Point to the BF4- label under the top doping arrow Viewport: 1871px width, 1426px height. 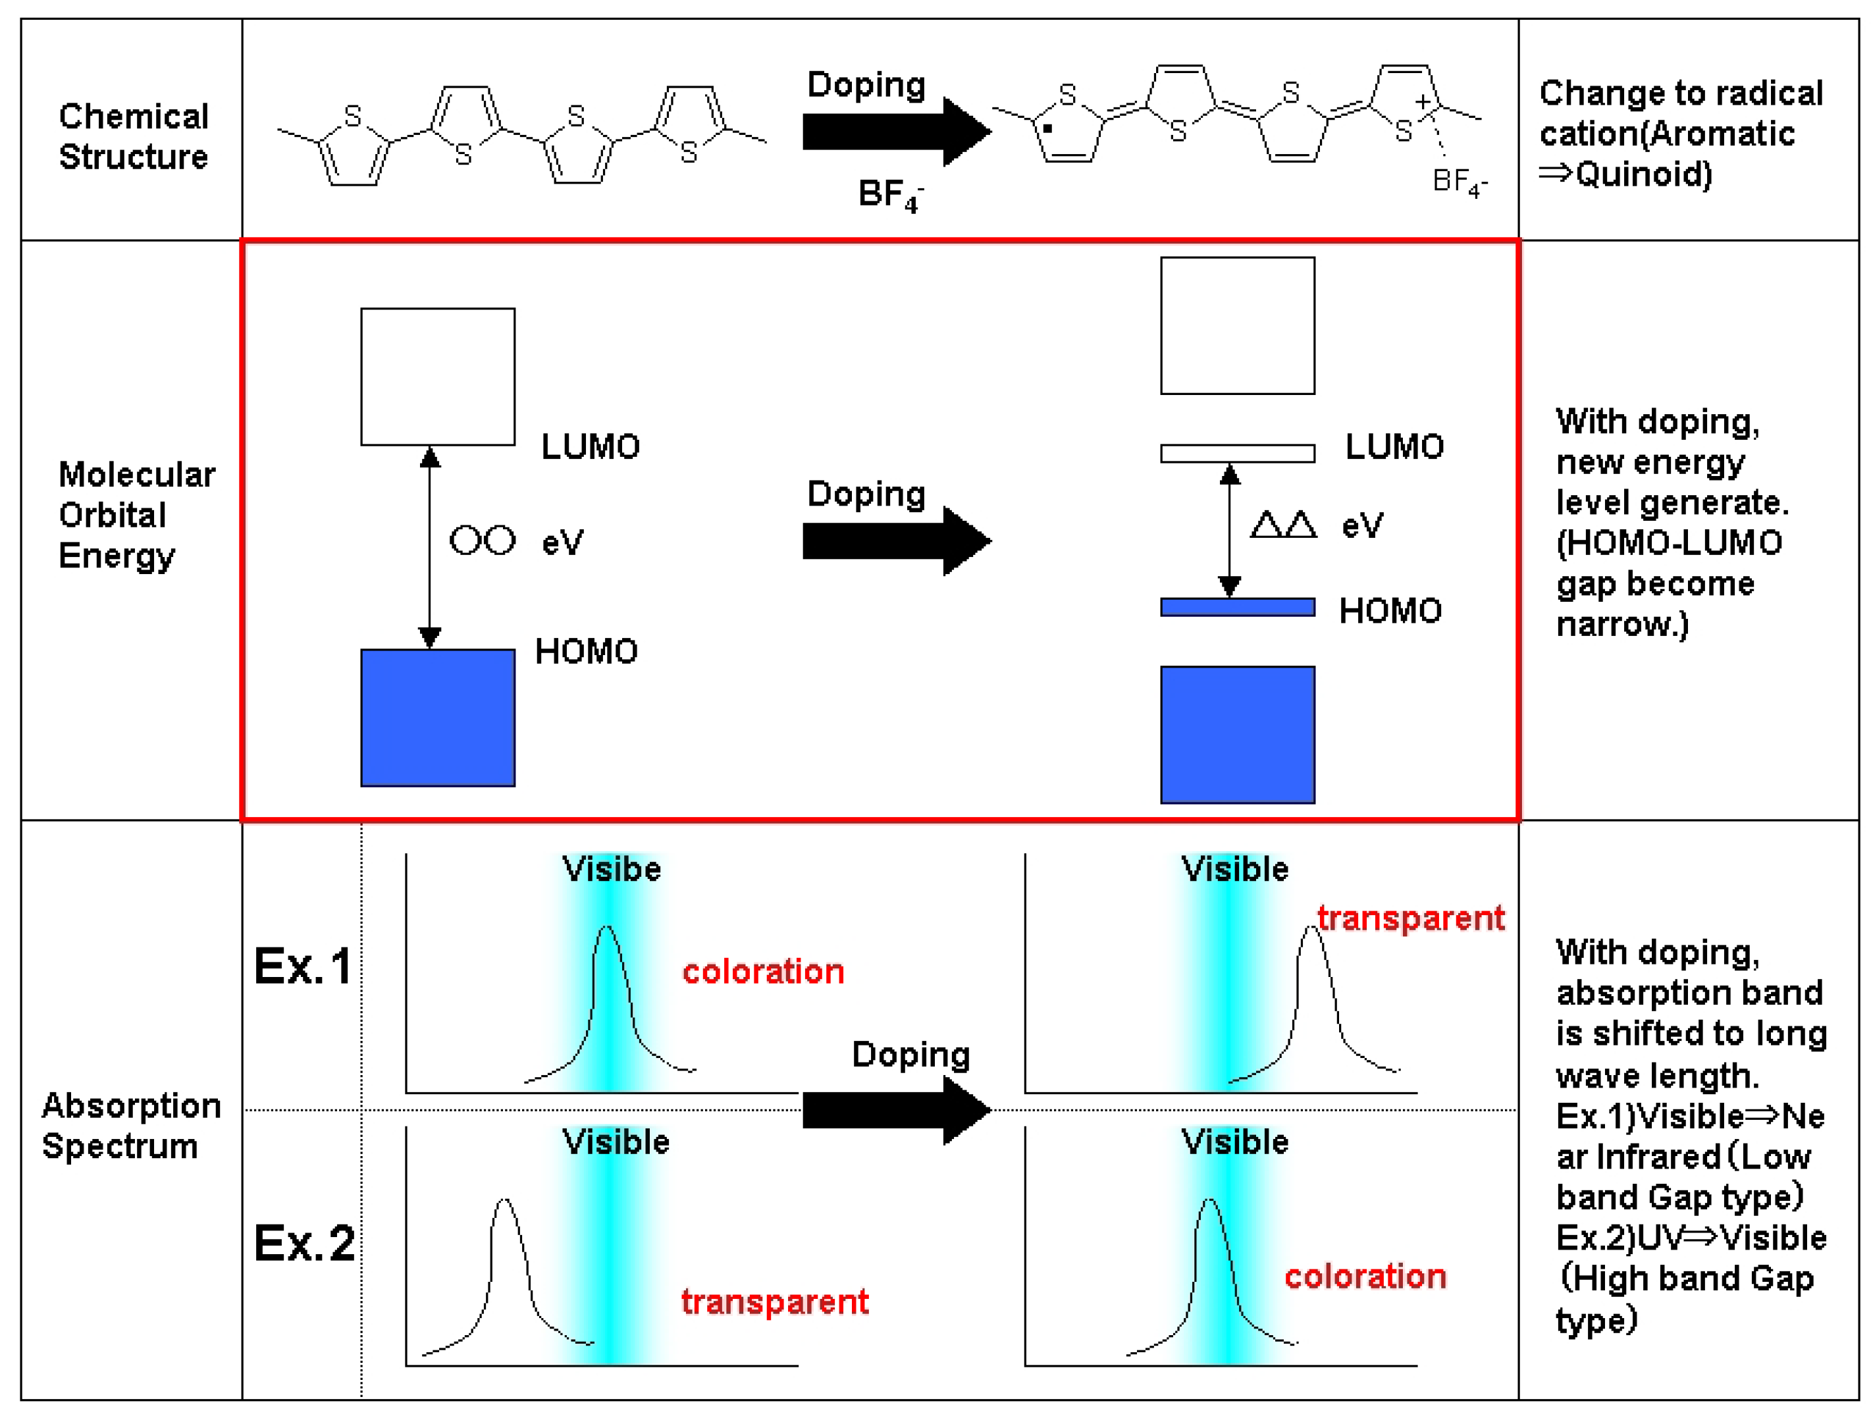coord(889,196)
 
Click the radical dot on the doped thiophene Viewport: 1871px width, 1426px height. coord(1047,129)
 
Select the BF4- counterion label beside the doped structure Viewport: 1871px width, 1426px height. coord(1458,182)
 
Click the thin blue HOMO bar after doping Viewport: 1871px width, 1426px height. coord(1237,607)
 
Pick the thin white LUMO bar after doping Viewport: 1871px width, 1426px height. coord(1237,453)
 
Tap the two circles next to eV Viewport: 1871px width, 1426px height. coord(481,540)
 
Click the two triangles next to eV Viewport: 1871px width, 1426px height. coord(1282,525)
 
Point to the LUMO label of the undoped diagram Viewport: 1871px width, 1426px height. coord(590,446)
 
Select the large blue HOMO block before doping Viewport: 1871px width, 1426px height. coord(437,717)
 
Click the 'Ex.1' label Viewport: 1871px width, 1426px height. coord(302,966)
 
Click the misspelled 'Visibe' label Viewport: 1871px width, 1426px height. coord(611,869)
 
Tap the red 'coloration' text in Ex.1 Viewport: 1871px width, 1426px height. coord(762,971)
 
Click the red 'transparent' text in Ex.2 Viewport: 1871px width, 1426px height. coord(774,1301)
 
